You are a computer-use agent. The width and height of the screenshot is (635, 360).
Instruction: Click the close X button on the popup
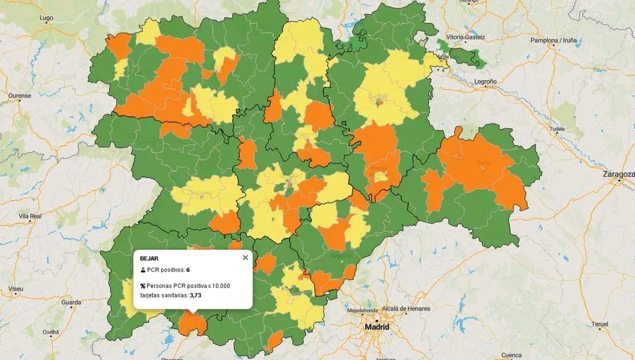[x=245, y=257]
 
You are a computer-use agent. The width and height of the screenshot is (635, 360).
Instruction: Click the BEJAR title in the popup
[x=150, y=258]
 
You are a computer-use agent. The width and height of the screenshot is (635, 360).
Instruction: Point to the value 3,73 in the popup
[x=195, y=295]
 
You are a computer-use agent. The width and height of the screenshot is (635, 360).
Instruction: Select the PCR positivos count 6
[x=188, y=270]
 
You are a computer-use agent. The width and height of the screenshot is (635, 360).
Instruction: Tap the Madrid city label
[x=376, y=327]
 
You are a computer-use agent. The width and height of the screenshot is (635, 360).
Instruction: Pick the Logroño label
[x=485, y=81]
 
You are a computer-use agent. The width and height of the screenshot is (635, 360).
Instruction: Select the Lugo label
[x=47, y=17]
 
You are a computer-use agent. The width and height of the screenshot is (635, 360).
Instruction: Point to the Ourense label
[x=20, y=96]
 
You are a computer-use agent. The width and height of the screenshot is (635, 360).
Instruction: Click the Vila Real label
[x=31, y=216]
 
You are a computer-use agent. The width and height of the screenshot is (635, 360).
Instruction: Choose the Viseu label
[x=16, y=289]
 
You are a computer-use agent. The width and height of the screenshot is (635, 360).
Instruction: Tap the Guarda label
[x=71, y=303]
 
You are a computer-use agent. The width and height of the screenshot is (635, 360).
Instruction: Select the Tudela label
[x=556, y=129]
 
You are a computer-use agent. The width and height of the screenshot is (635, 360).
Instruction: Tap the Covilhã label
[x=51, y=332]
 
